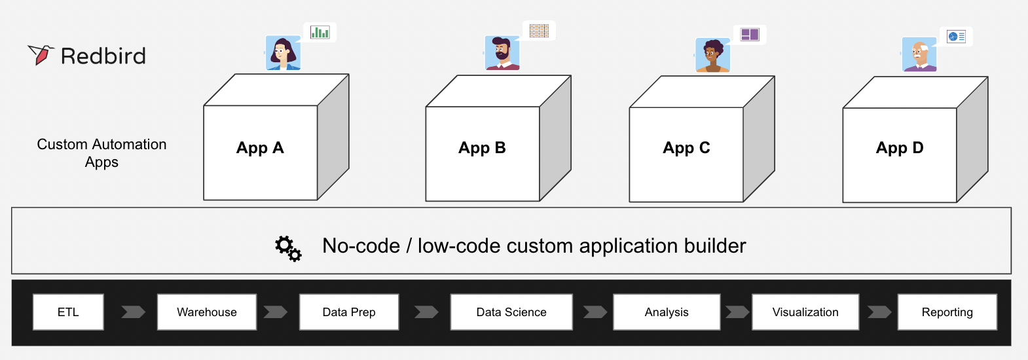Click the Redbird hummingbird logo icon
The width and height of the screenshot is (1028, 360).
(41, 55)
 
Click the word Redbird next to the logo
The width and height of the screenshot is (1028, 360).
(103, 56)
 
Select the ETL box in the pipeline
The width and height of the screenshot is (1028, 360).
(68, 312)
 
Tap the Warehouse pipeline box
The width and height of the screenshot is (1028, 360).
(207, 312)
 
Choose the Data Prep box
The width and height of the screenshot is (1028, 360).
(349, 312)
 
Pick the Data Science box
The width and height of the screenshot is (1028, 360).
(511, 312)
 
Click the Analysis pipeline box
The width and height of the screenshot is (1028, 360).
(667, 312)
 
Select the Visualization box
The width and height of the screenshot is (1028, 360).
(805, 312)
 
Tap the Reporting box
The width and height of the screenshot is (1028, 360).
(947, 312)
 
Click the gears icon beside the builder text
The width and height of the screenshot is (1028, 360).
(288, 248)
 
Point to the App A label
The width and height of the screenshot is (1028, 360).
(260, 148)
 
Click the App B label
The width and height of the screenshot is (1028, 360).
(482, 148)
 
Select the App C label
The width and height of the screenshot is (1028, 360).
(686, 148)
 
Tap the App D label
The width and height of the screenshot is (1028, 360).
(900, 148)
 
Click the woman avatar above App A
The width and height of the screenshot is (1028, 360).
(283, 53)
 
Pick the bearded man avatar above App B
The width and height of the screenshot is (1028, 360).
(502, 53)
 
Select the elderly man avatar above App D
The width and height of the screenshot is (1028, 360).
(919, 54)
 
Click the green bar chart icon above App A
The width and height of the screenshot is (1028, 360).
(320, 32)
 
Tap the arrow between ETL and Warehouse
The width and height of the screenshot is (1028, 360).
(133, 312)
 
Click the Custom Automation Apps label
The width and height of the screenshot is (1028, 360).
(101, 153)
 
